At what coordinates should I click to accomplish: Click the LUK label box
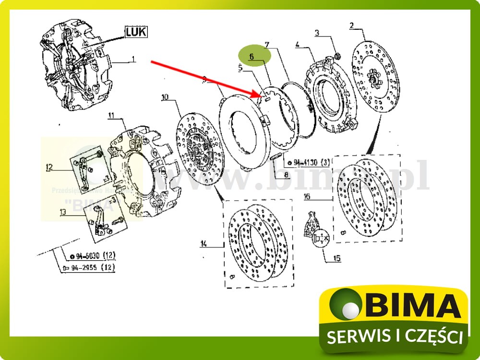136,32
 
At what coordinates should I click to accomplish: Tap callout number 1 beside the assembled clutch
133,60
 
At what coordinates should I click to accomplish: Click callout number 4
298,45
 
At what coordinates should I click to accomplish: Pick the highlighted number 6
251,56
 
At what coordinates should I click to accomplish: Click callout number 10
165,97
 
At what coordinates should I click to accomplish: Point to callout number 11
111,116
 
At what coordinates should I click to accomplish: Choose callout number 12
49,167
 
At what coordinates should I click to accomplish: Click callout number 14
204,244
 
